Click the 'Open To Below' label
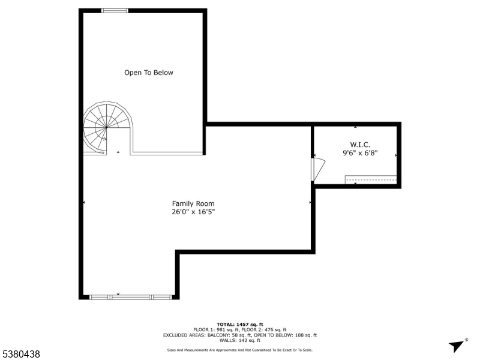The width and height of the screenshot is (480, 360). coord(148,73)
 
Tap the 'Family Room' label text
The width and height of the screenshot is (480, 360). coord(193,203)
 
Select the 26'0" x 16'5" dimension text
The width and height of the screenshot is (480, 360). coord(193,212)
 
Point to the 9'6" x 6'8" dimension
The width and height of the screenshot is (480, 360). coord(360,153)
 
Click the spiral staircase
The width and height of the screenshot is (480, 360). coord(106,127)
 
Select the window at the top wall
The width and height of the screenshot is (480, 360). coord(114,10)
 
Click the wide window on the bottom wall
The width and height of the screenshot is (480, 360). coord(130,296)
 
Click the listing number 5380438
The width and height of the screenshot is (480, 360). coord(20,355)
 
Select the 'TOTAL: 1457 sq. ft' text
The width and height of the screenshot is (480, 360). coord(240,324)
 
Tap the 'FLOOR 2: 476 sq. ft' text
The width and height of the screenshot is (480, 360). coord(266,329)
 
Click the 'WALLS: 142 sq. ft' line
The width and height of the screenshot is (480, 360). coord(240,340)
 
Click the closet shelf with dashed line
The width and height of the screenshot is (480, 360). coord(370,179)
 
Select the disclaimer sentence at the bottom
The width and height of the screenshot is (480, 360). coord(240,350)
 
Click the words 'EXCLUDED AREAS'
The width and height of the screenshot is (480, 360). coord(181,335)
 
